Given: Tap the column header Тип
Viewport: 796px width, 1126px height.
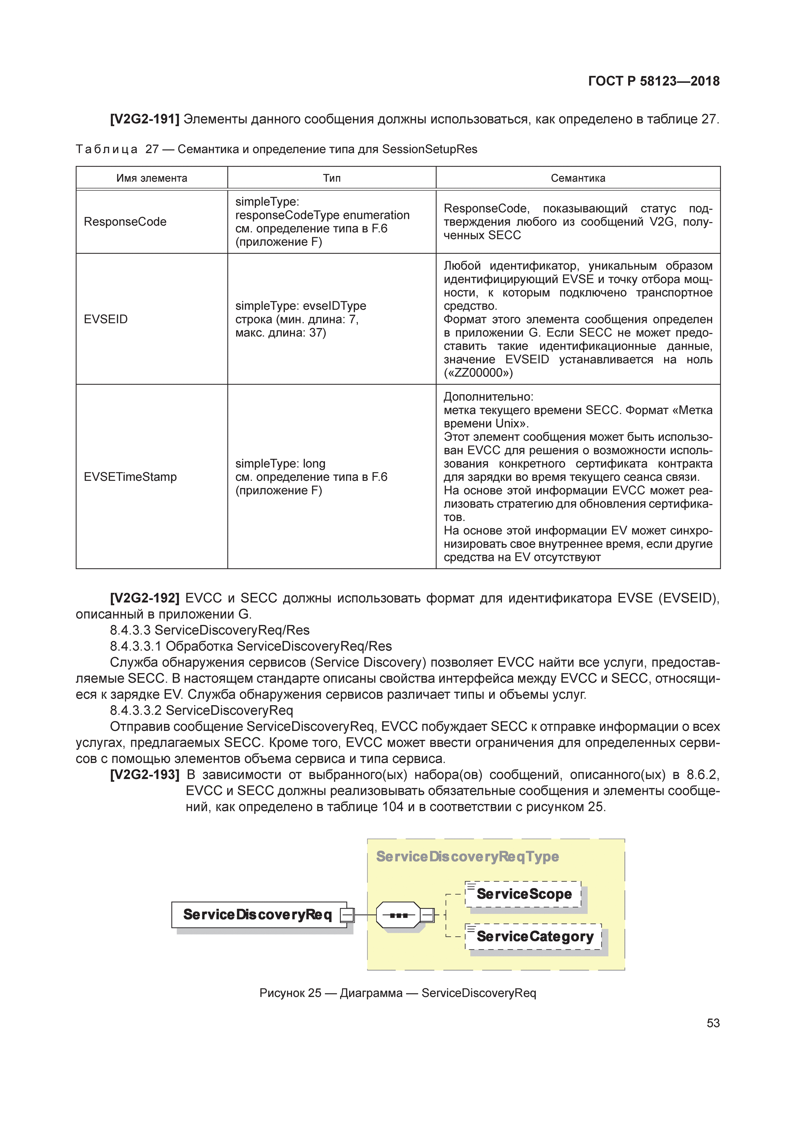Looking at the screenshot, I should pyautogui.click(x=332, y=178).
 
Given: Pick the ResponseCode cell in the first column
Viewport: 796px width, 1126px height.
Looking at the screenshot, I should pyautogui.click(x=125, y=222).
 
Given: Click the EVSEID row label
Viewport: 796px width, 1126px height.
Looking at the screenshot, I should pyautogui.click(x=106, y=319).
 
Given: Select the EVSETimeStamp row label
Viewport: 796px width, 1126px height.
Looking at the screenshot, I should pyautogui.click(x=130, y=477).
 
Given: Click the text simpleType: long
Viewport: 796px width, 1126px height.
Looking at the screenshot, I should pyautogui.click(x=280, y=463).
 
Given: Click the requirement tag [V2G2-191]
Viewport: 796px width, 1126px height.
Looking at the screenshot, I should pyautogui.click(x=145, y=119).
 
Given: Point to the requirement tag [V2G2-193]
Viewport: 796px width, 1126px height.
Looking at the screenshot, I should pyautogui.click(x=145, y=775).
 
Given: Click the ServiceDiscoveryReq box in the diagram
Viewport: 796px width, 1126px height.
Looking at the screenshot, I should pyautogui.click(x=258, y=914).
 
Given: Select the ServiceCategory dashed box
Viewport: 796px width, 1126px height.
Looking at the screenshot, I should pyautogui.click(x=534, y=936).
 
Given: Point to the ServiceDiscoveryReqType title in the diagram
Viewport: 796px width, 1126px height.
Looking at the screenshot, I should pyautogui.click(x=467, y=856).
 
